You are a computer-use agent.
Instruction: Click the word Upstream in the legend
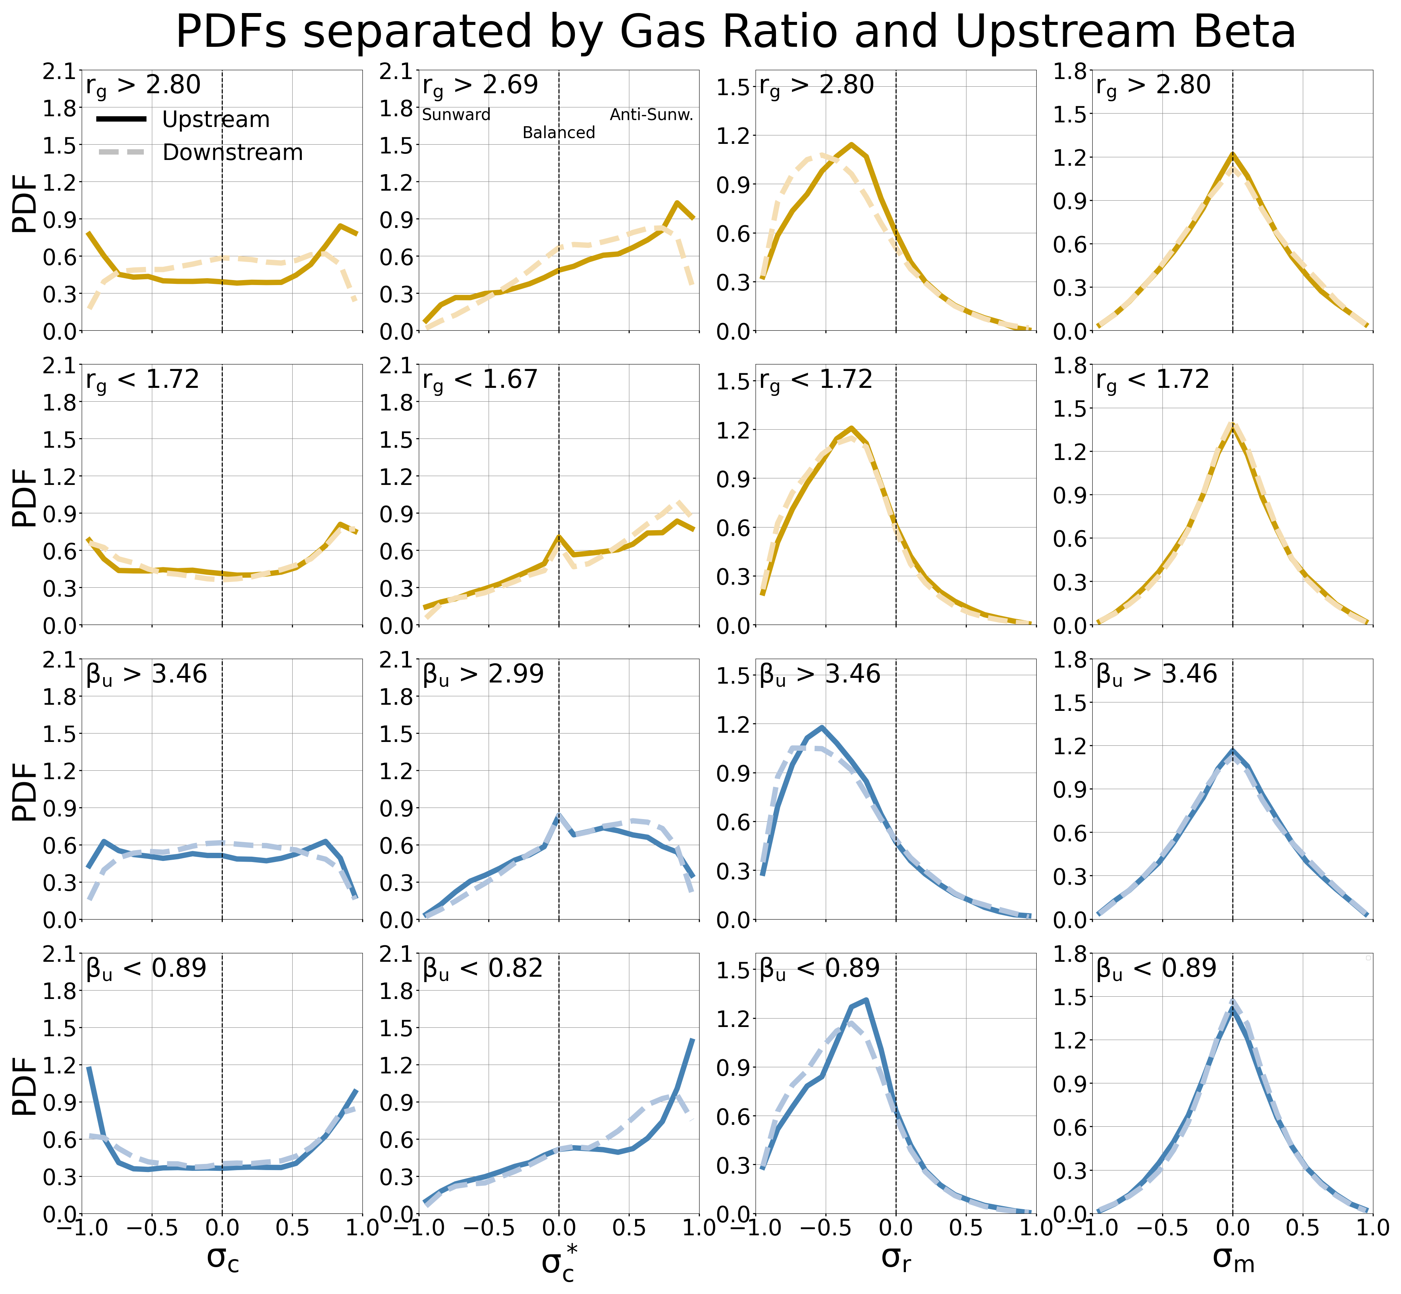[x=216, y=120]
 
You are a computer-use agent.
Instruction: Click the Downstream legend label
[x=232, y=153]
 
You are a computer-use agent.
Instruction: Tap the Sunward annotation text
[x=456, y=115]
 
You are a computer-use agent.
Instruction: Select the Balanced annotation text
[x=559, y=133]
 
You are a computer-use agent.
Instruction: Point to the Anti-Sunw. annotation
[x=651, y=115]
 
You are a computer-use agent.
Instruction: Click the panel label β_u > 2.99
[x=483, y=674]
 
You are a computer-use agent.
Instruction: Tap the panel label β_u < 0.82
[x=483, y=969]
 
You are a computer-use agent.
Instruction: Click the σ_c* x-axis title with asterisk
[x=559, y=1262]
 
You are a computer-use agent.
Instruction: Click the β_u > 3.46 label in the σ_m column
[x=1157, y=674]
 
